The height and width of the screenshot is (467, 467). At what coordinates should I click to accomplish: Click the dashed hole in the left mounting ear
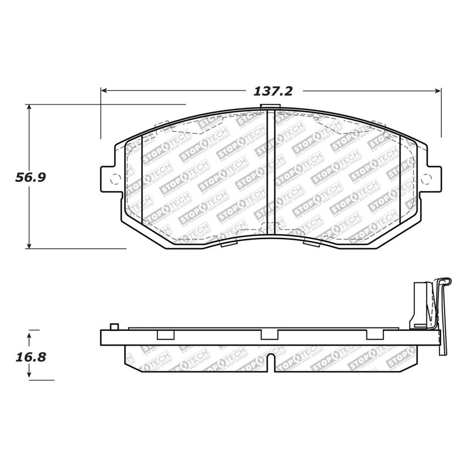coord(115,179)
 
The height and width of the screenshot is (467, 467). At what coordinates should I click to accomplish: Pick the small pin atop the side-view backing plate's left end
coord(114,327)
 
